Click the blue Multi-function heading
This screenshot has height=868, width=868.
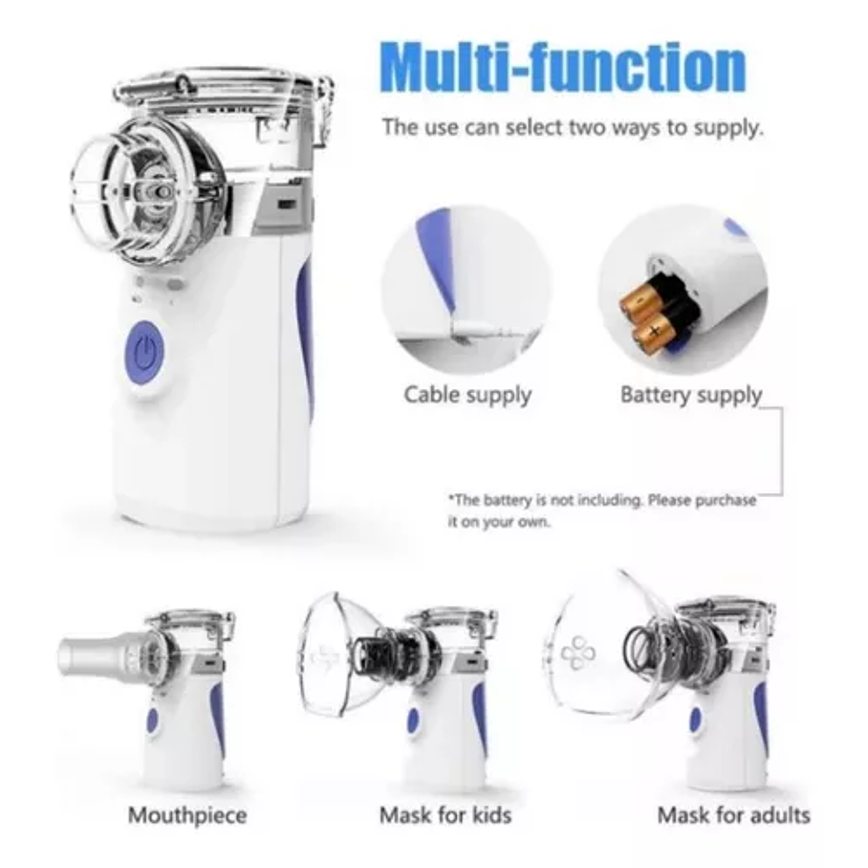[563, 66]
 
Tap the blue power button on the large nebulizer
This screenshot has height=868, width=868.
[145, 354]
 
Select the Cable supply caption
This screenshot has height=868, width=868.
[467, 394]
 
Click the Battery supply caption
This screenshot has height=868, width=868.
[691, 394]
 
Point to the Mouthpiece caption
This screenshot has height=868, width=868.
[187, 815]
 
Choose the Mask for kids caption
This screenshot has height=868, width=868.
[445, 815]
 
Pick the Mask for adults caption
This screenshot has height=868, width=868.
[733, 815]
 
